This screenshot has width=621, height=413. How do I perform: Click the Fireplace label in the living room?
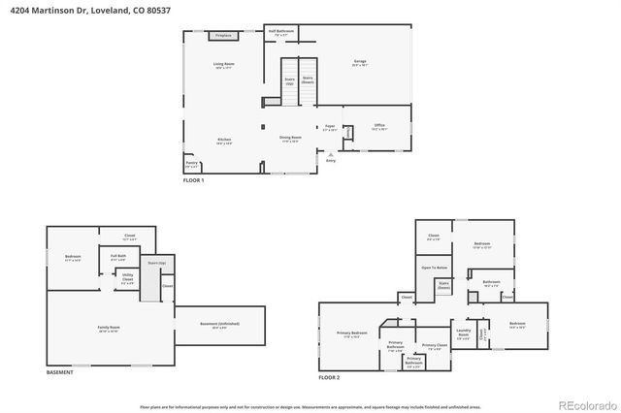click(224, 35)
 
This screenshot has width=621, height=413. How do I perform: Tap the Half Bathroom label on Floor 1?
click(280, 32)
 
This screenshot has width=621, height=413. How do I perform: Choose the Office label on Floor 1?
click(378, 126)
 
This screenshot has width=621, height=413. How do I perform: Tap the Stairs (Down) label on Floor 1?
click(308, 79)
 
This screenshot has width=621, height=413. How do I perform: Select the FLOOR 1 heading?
click(194, 181)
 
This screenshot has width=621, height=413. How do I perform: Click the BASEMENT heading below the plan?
click(60, 372)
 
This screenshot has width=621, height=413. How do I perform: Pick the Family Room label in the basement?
click(109, 328)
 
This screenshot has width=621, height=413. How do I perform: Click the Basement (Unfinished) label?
click(219, 326)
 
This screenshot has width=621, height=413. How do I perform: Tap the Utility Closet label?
click(127, 279)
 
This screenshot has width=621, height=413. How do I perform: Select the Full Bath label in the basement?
click(118, 258)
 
